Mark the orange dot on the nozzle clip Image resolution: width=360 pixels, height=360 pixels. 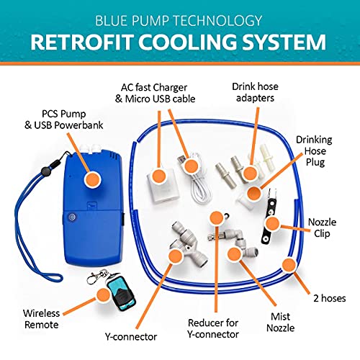[x=272, y=224]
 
